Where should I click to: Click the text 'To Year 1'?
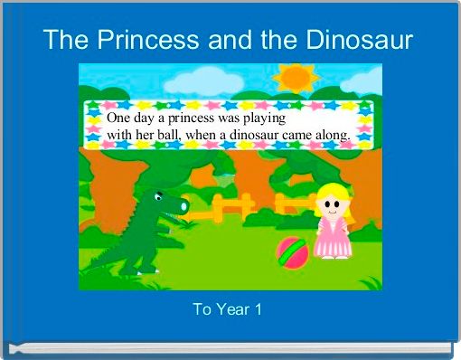tap(229, 310)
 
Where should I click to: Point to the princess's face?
tap(333, 206)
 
